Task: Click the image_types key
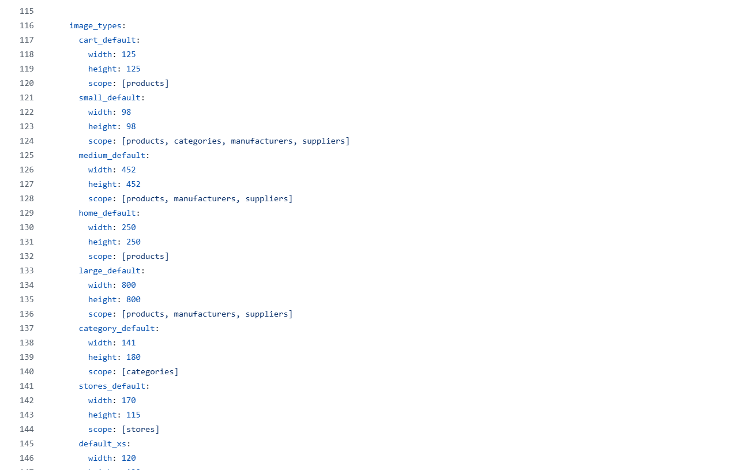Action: (x=95, y=25)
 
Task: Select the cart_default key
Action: (x=107, y=40)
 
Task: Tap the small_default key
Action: (x=110, y=98)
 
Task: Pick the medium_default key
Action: (x=112, y=155)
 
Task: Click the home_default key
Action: (x=107, y=213)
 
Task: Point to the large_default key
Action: (x=110, y=271)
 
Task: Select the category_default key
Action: (x=117, y=329)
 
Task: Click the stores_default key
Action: (x=112, y=386)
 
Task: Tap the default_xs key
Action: (x=103, y=443)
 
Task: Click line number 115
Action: (x=27, y=11)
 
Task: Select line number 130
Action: (x=27, y=227)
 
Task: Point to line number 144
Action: (x=27, y=429)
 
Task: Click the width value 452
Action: (x=129, y=170)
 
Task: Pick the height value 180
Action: (x=133, y=358)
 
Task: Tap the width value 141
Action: (x=129, y=343)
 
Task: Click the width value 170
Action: (x=129, y=400)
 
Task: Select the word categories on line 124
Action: (x=197, y=141)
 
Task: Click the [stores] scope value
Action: (x=140, y=429)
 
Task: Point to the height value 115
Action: (x=133, y=415)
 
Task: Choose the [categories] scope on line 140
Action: (x=150, y=372)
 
